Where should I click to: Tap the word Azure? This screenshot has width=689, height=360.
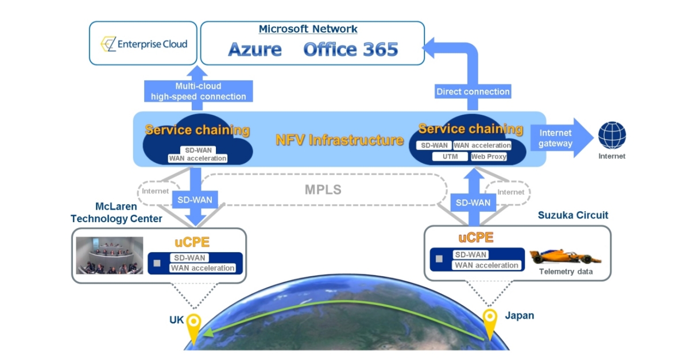(255, 49)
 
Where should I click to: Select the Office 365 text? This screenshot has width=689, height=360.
(350, 49)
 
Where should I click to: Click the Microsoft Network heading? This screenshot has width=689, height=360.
(308, 29)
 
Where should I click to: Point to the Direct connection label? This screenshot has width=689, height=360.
(473, 91)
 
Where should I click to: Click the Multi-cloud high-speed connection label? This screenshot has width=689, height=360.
(198, 91)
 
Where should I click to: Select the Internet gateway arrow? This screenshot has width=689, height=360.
(560, 138)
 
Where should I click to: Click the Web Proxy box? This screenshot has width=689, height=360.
(489, 156)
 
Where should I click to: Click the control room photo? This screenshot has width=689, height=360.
(110, 256)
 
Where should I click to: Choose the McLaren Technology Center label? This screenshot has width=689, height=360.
(116, 212)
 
